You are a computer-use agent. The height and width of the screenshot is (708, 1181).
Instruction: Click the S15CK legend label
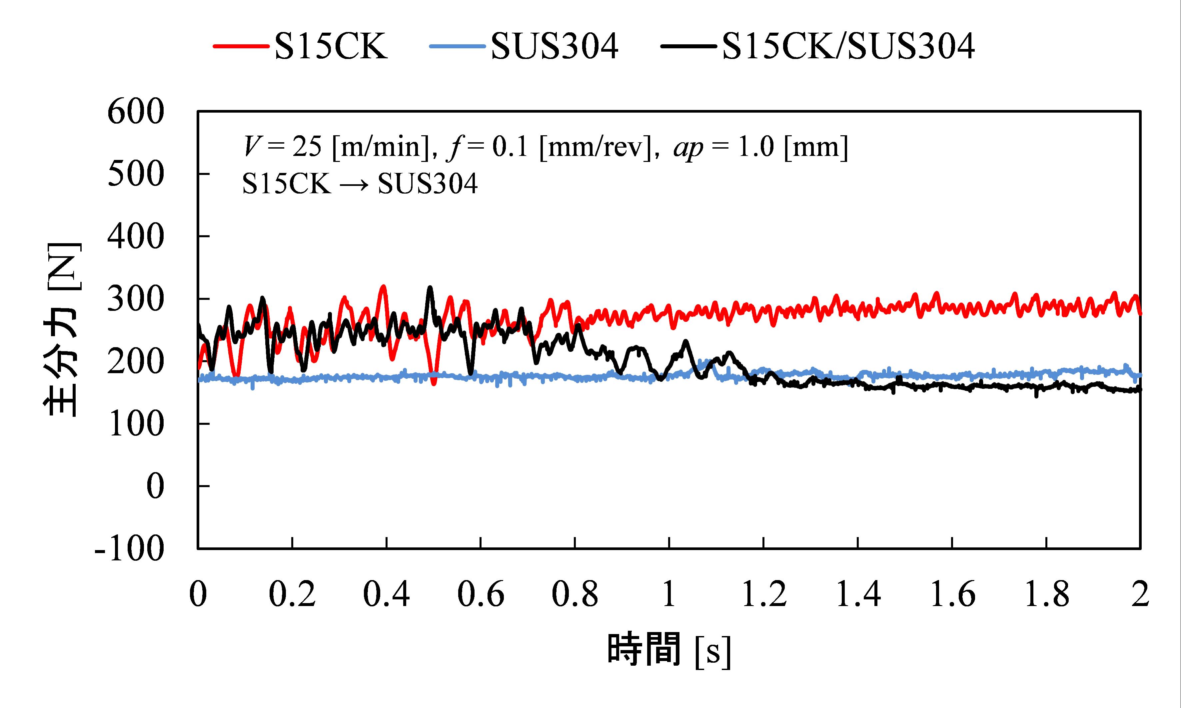click(x=331, y=47)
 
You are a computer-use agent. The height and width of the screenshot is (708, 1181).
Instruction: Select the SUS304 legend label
click(x=555, y=47)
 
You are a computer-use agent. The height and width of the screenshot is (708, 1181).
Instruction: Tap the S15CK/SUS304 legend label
click(x=848, y=47)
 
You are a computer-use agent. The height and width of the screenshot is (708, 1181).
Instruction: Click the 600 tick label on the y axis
click(x=136, y=113)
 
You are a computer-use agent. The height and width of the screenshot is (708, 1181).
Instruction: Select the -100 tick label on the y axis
click(x=130, y=549)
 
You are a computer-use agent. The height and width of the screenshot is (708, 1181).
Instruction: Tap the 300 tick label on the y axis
click(x=136, y=300)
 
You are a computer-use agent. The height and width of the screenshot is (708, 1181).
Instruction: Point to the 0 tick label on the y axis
click(x=155, y=487)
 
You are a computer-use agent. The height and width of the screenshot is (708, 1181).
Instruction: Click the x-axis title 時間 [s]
click(x=668, y=650)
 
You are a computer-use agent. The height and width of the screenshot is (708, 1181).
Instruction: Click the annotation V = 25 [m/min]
click(x=338, y=147)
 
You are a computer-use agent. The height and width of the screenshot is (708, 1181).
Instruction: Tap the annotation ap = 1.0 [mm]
click(x=760, y=147)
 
